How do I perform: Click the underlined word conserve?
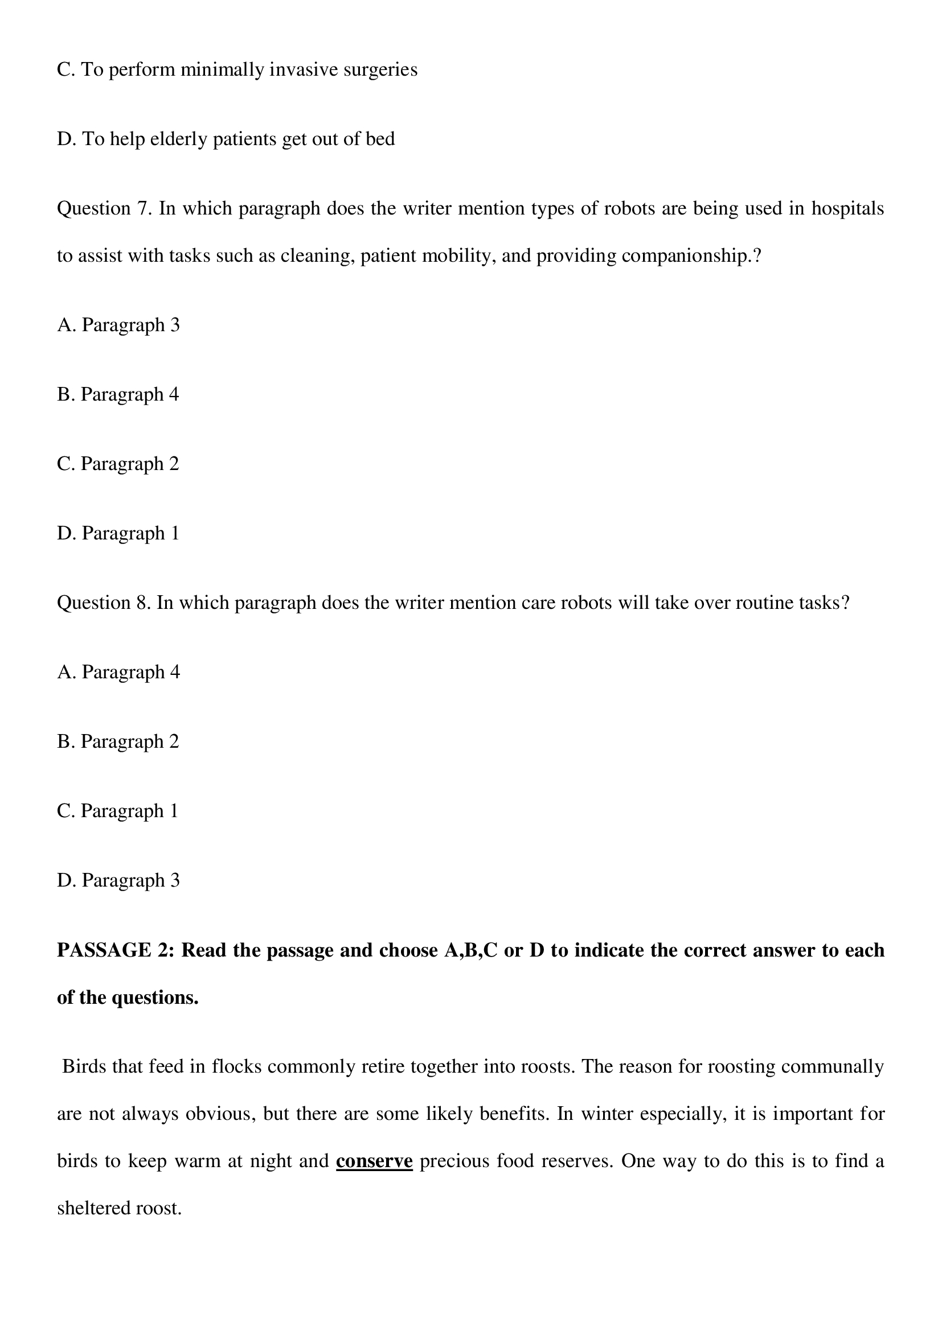pyautogui.click(x=374, y=1161)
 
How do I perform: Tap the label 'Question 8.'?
pyautogui.click(x=104, y=603)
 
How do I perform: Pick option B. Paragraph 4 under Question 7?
pyautogui.click(x=118, y=394)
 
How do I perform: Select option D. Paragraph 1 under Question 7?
pyautogui.click(x=118, y=533)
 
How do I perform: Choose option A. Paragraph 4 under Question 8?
pyautogui.click(x=118, y=672)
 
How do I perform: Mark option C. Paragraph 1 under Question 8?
pyautogui.click(x=118, y=811)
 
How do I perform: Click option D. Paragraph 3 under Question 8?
pyautogui.click(x=118, y=880)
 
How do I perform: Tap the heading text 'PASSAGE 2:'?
pyautogui.click(x=116, y=951)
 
